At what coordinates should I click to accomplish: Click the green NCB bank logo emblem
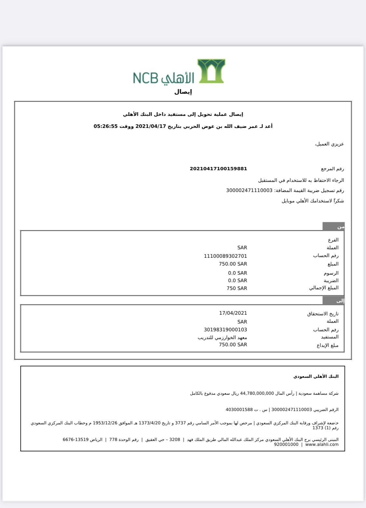(x=211, y=71)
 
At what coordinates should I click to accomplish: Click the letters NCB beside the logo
(x=145, y=78)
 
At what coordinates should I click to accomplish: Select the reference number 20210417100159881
(x=218, y=169)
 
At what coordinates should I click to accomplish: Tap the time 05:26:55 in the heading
(x=105, y=126)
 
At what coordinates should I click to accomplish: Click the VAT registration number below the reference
(x=249, y=190)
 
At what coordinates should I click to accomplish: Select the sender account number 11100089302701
(x=225, y=256)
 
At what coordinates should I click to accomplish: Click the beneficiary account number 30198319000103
(x=225, y=330)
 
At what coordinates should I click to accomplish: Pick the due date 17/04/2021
(x=233, y=313)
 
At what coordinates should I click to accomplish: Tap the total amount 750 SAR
(x=237, y=288)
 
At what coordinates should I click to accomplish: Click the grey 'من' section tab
(x=333, y=227)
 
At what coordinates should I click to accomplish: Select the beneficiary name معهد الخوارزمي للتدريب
(x=222, y=337)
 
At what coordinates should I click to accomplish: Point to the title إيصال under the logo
(x=183, y=92)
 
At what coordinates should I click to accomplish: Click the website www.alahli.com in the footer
(x=322, y=445)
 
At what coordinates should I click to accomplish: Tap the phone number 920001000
(x=286, y=445)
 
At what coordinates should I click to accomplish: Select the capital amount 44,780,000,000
(x=257, y=393)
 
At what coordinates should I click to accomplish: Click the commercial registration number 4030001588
(x=239, y=410)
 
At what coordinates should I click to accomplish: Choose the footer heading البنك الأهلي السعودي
(x=316, y=377)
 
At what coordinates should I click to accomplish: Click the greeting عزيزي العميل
(x=329, y=144)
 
